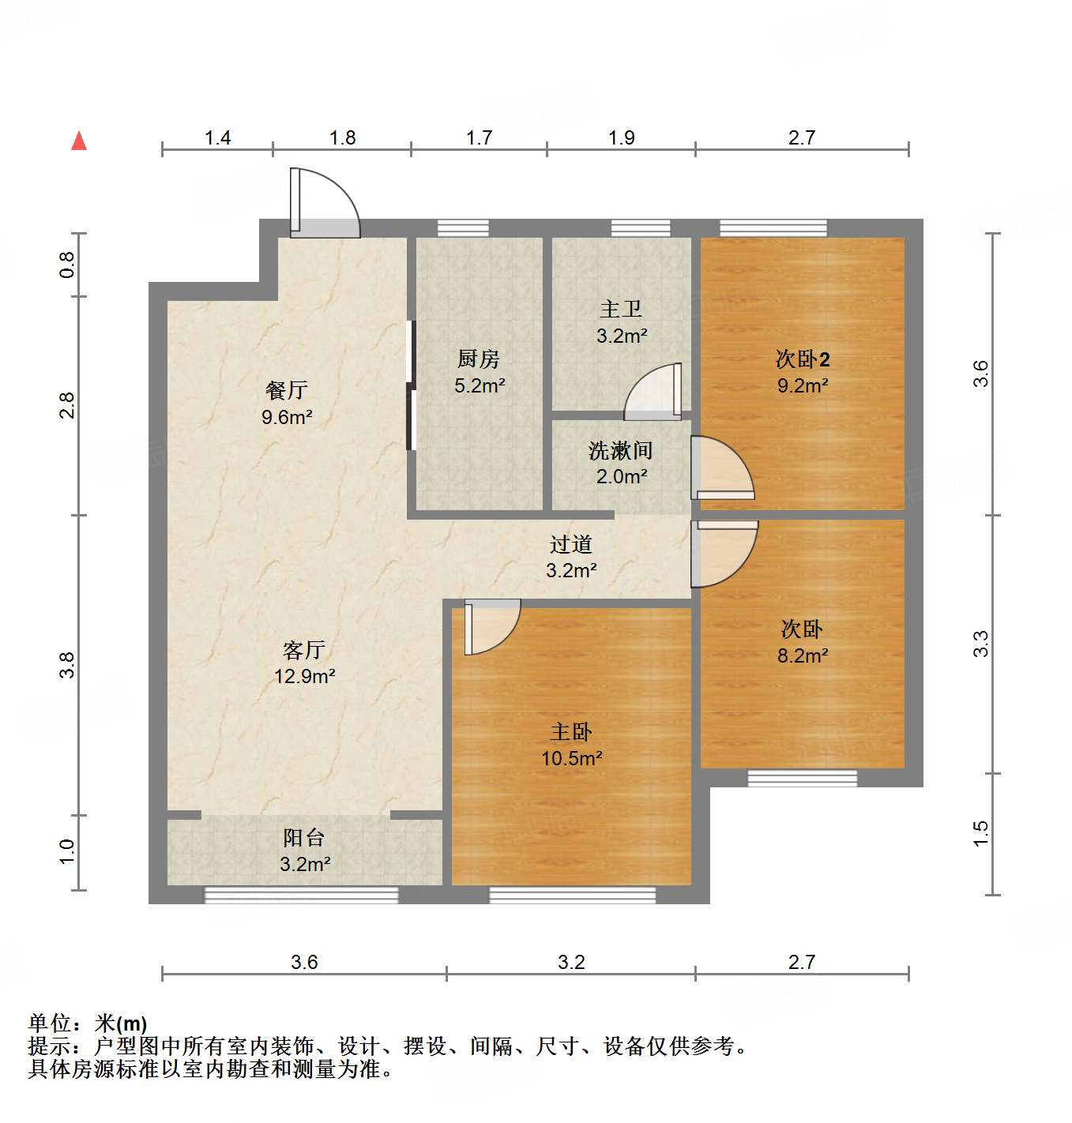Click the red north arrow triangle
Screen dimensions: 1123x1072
79,141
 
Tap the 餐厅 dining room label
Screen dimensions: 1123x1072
286,390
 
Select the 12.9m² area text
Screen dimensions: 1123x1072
304,676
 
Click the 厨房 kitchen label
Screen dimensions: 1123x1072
479,359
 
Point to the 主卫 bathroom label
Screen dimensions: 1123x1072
621,309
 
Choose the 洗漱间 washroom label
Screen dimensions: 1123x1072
621,451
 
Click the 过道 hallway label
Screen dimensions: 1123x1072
570,544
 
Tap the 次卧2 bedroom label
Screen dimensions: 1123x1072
803,359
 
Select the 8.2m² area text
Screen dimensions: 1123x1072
803,655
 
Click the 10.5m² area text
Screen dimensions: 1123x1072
571,758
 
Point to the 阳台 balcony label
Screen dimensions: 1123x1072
304,837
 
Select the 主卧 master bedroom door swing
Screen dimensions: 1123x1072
492,626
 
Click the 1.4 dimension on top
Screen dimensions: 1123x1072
217,137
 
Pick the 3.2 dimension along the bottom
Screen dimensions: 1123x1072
571,962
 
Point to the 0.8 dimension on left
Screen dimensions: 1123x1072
67,264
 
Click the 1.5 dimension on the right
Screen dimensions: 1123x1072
980,834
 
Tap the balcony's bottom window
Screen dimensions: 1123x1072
301,895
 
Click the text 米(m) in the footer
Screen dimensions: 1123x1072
121,1023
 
